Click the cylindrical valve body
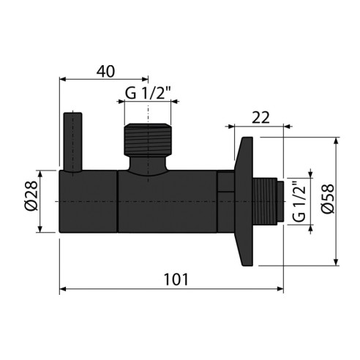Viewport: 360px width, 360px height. click(x=139, y=202)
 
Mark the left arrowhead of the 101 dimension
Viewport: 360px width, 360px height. click(x=63, y=290)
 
